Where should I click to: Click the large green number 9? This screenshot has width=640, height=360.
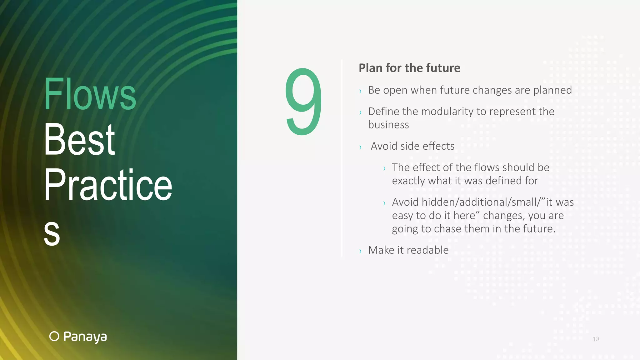(303, 102)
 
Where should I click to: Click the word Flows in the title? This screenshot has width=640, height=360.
(90, 94)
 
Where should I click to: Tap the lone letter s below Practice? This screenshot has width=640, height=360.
(52, 232)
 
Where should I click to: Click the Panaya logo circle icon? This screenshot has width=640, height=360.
(54, 336)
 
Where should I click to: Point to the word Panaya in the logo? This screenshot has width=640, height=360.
(85, 337)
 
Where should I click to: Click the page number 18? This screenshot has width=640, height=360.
(596, 339)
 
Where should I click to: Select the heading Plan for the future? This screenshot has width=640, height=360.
(409, 68)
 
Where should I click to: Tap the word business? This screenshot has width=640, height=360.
(388, 125)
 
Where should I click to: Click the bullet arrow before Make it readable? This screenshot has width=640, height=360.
(360, 251)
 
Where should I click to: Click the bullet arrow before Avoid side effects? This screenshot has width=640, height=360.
(360, 147)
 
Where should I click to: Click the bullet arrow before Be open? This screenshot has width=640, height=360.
(360, 91)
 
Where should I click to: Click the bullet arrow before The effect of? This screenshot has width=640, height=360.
(384, 168)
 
